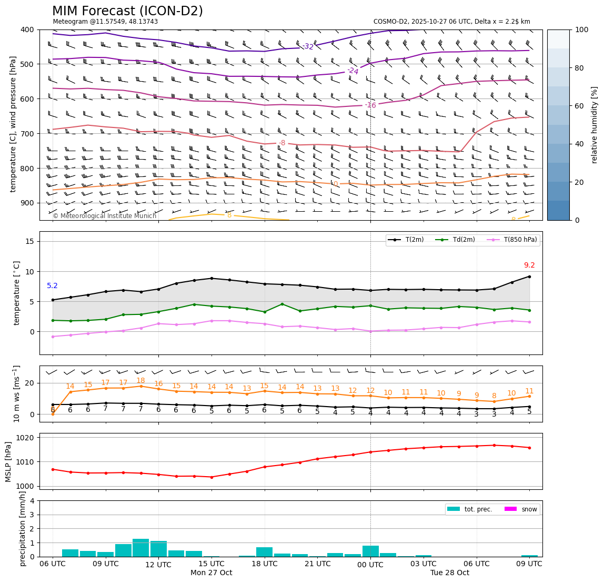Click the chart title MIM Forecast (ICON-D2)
coord(127,11)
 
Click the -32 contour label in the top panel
coord(308,47)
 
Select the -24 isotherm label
coord(353,71)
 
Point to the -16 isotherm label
coord(370,105)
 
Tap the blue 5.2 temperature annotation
coord(52,286)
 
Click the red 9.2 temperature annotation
coord(529,265)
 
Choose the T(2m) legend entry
coord(406,240)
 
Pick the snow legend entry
coord(520,509)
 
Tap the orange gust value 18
coord(140,381)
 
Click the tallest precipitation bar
coord(140,548)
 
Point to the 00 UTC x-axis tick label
coord(370,565)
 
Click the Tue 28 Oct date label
coord(449,573)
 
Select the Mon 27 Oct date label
coord(211,573)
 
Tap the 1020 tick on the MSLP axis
coord(26,438)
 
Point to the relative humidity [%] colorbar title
coord(595,125)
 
